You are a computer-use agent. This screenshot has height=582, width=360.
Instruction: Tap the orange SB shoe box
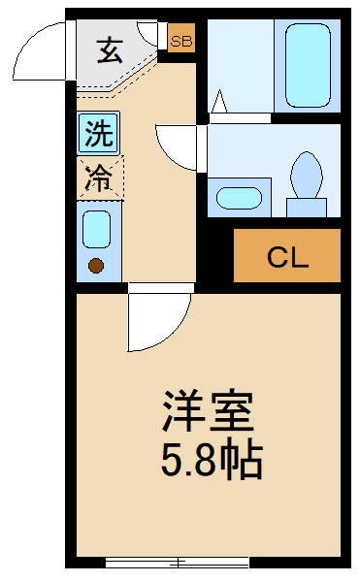[x=180, y=41]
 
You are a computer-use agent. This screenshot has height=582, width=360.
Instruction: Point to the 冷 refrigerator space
[x=98, y=178]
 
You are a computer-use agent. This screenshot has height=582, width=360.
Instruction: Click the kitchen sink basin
[x=96, y=230]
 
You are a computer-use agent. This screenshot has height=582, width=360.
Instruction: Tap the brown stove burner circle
[x=96, y=265]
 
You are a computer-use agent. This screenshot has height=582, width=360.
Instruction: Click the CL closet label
[x=287, y=257]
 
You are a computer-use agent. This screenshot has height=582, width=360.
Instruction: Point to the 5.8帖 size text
[x=212, y=461]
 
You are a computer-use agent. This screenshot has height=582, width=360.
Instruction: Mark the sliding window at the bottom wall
[x=177, y=562]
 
